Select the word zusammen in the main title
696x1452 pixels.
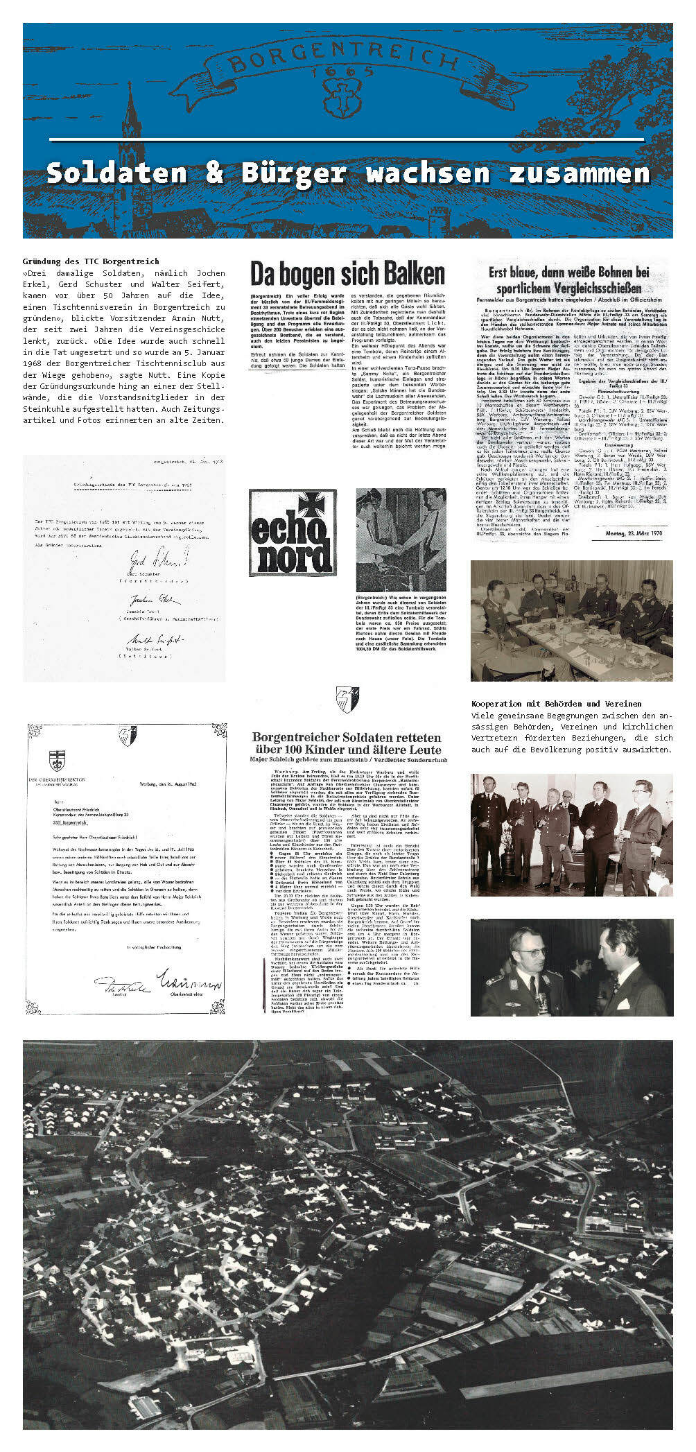[580, 173]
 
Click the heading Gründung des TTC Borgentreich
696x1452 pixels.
[91, 261]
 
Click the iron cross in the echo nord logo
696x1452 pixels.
[317, 506]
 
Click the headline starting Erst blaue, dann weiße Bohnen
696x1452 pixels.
[569, 280]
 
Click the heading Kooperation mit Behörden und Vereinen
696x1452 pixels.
[556, 704]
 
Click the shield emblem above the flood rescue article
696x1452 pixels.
[346, 700]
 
